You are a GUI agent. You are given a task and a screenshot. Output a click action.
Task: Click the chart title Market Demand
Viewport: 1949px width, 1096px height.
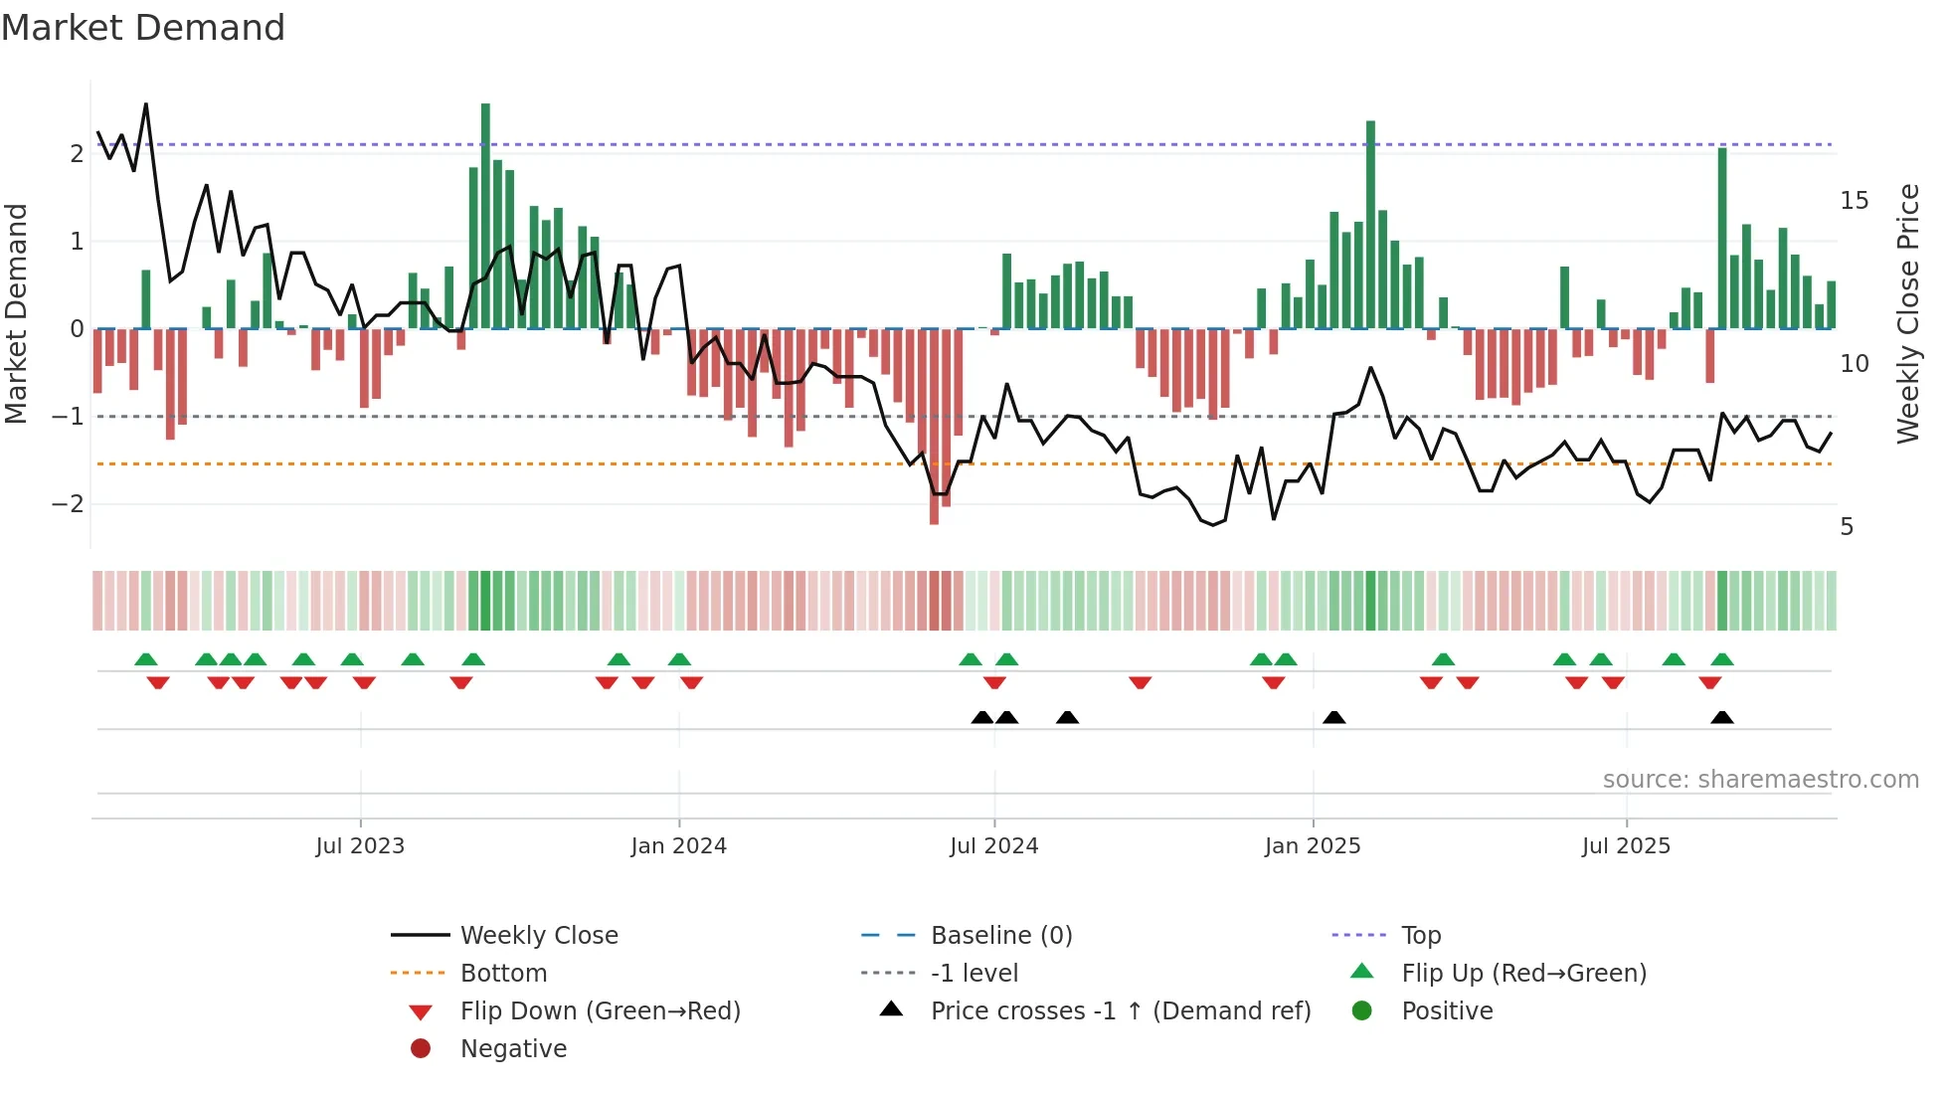pyautogui.click(x=143, y=27)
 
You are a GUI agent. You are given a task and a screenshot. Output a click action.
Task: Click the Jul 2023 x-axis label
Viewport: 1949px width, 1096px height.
pyautogui.click(x=360, y=846)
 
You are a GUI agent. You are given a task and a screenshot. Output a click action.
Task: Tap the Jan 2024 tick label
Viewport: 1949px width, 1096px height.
pyautogui.click(x=678, y=846)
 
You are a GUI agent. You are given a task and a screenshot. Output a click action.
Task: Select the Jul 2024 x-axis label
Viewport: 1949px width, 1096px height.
pyautogui.click(x=993, y=846)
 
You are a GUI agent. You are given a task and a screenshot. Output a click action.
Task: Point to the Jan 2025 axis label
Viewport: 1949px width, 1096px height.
pyautogui.click(x=1312, y=846)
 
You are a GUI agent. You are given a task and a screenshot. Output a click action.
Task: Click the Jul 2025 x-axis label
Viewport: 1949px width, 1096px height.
pyautogui.click(x=1626, y=846)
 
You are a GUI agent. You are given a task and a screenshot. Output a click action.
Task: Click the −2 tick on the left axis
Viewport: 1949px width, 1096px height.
pyautogui.click(x=68, y=504)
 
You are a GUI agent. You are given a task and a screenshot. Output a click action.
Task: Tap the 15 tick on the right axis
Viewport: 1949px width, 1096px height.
pyautogui.click(x=1854, y=201)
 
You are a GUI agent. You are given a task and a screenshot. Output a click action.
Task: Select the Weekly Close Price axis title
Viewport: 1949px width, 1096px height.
pyautogui.click(x=1907, y=313)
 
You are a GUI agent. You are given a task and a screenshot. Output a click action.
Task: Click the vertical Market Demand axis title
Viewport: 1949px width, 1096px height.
pyautogui.click(x=16, y=313)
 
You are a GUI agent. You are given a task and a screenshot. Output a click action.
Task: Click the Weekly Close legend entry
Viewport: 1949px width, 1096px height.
pyautogui.click(x=538, y=936)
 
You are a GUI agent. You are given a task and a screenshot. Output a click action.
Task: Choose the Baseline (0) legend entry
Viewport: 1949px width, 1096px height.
pyautogui.click(x=1000, y=936)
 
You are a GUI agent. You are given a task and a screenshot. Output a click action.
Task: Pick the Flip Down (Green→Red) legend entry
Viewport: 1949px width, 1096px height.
pyautogui.click(x=600, y=1011)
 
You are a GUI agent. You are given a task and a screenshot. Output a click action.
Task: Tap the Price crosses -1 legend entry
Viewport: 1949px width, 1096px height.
pyautogui.click(x=1120, y=1011)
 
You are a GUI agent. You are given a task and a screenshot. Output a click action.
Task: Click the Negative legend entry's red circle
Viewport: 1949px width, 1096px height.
pyautogui.click(x=421, y=1049)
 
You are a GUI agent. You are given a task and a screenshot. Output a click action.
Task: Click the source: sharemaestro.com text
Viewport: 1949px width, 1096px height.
pyautogui.click(x=1760, y=780)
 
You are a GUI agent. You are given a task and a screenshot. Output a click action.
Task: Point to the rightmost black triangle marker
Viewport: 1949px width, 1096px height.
pyautogui.click(x=1722, y=718)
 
